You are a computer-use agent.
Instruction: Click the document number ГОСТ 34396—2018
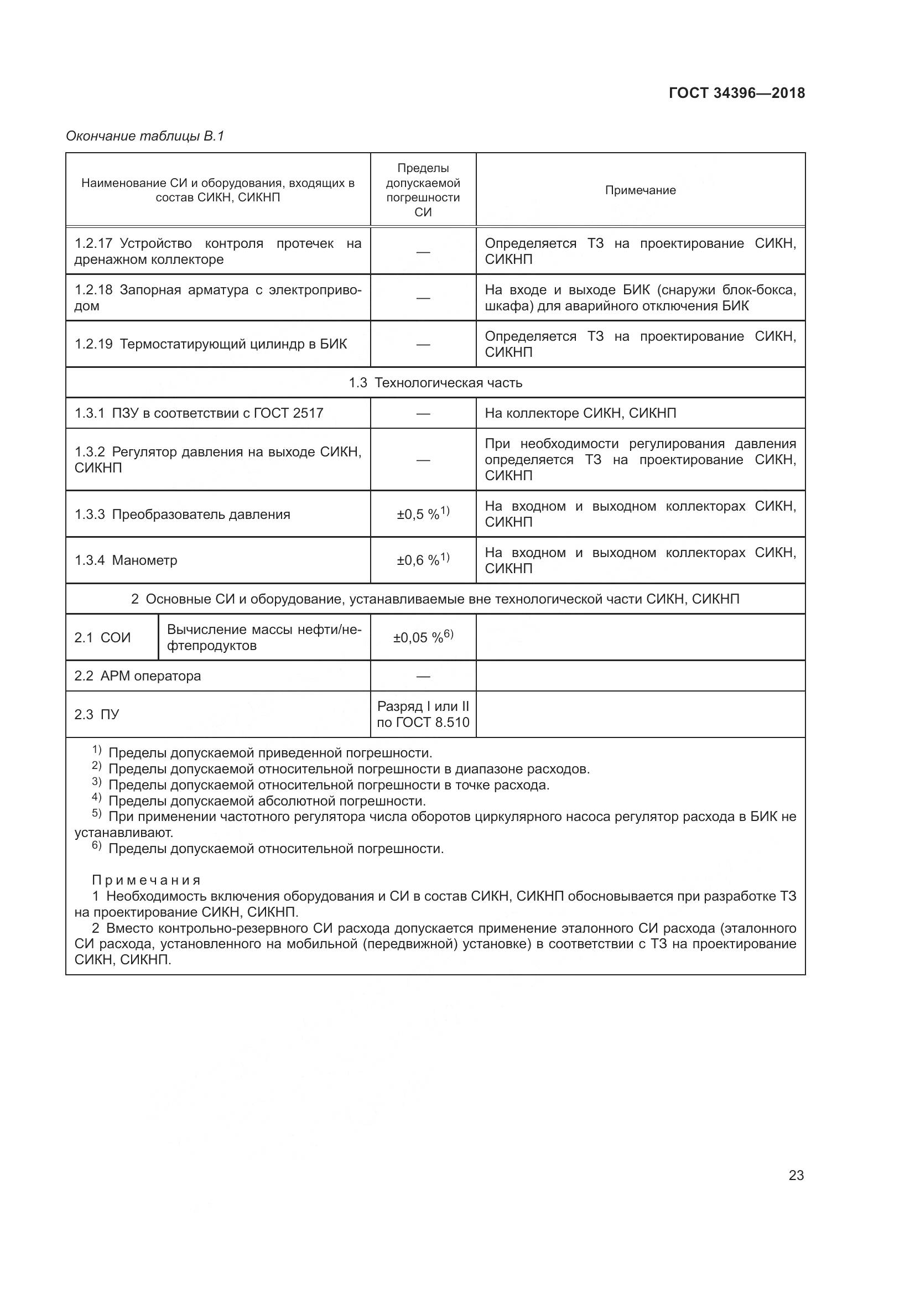(x=736, y=93)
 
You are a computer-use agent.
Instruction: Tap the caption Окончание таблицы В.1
(x=145, y=136)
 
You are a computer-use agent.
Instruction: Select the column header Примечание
(x=640, y=190)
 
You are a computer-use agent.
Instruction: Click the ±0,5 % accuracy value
(x=423, y=513)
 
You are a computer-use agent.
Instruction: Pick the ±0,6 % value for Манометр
(x=423, y=560)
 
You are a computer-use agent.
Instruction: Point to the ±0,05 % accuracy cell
(x=423, y=637)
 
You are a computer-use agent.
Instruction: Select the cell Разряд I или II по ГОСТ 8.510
(x=423, y=714)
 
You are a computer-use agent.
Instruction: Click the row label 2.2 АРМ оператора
(x=138, y=675)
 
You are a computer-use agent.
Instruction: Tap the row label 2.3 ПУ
(x=96, y=715)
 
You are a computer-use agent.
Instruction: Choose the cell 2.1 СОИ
(x=102, y=637)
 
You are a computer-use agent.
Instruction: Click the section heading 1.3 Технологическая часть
(x=435, y=383)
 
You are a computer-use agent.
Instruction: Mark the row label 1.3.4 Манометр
(x=126, y=560)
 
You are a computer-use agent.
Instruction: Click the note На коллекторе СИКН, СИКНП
(x=580, y=413)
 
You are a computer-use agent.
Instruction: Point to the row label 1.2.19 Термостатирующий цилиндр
(x=211, y=344)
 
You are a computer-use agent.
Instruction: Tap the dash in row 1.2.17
(x=423, y=252)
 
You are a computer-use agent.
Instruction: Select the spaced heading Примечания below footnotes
(x=146, y=880)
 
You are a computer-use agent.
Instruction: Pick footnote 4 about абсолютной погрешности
(x=259, y=801)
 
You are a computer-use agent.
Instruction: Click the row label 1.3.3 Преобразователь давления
(x=182, y=514)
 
